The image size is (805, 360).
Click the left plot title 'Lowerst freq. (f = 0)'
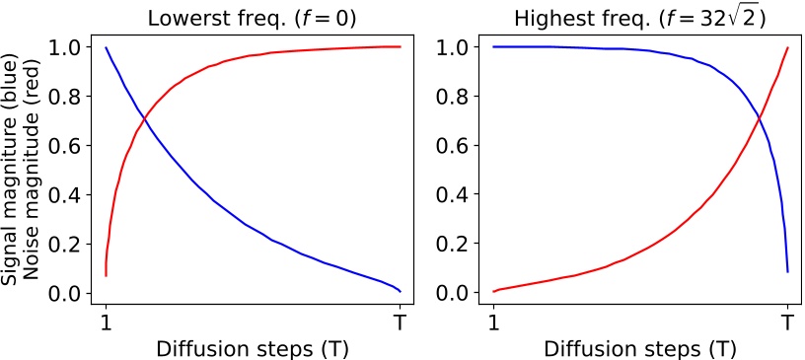(253, 17)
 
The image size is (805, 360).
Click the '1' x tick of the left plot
(106, 322)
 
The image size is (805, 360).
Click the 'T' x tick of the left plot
(400, 322)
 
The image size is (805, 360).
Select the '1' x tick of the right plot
(493, 322)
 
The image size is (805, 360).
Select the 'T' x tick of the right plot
(787, 322)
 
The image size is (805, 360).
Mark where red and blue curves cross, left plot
(145, 119)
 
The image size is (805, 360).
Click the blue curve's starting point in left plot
(106, 47)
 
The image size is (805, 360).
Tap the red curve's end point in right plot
(787, 47)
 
